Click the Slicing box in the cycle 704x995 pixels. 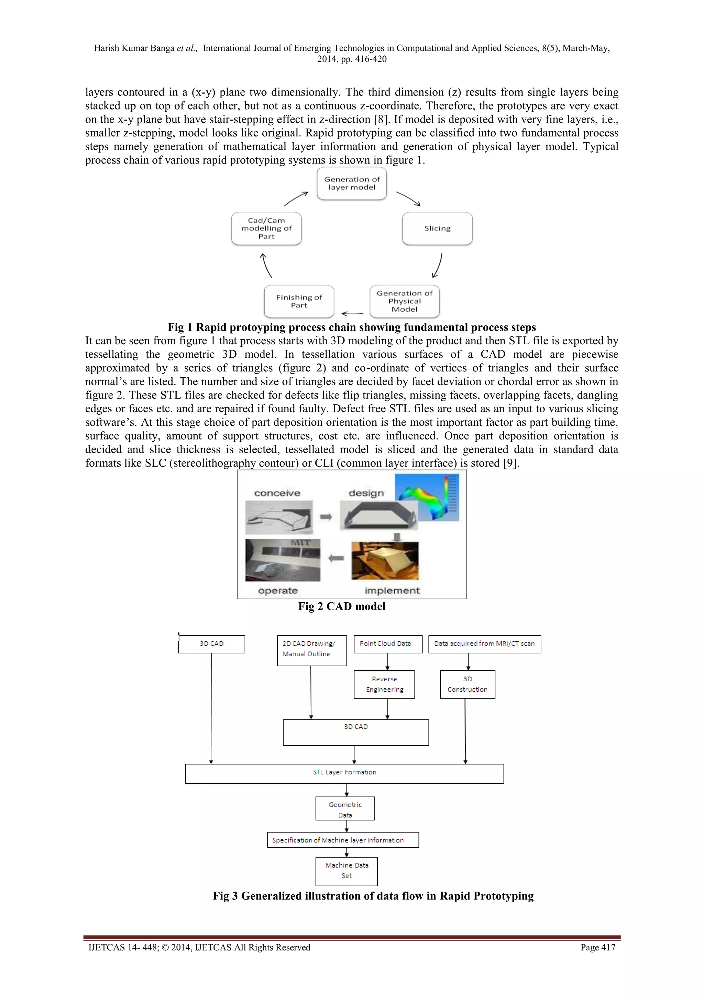(437, 228)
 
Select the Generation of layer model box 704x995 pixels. (352, 183)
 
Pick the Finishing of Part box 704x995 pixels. (299, 301)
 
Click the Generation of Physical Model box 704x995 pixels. (405, 301)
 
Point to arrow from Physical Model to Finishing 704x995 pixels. (352, 313)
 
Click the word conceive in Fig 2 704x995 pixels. (277, 493)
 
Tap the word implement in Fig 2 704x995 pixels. (392, 591)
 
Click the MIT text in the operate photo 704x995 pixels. (300, 543)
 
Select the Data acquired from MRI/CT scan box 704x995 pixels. (484, 644)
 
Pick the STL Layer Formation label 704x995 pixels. (345, 772)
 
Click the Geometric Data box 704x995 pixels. (345, 809)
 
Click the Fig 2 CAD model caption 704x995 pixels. (342, 606)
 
